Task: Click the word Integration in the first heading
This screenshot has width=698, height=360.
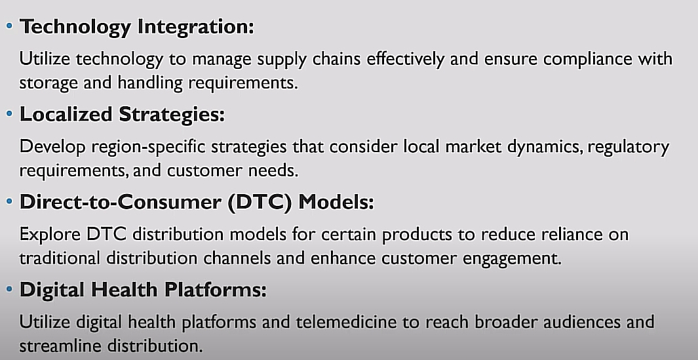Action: click(195, 27)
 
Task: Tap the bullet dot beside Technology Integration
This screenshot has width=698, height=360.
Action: click(9, 26)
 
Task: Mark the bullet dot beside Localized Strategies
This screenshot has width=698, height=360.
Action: click(9, 113)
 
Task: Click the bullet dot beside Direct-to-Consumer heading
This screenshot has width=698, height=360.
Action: click(9, 201)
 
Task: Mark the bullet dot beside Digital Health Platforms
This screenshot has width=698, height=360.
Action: click(9, 289)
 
